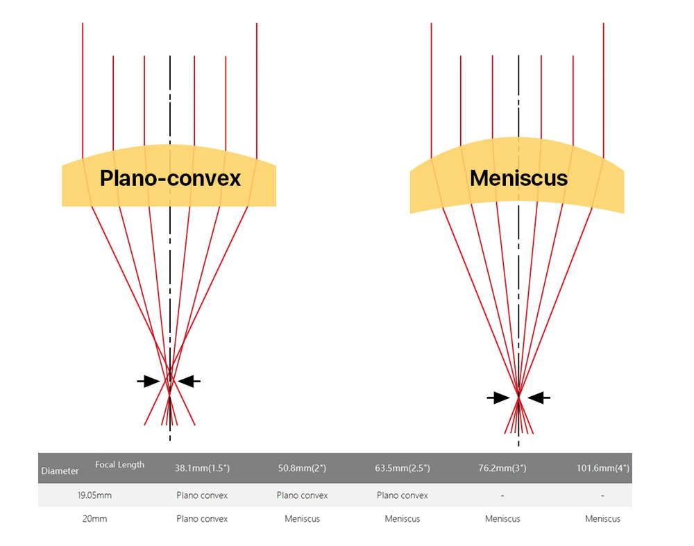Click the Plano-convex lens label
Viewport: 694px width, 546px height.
[x=170, y=178]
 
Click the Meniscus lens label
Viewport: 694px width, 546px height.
[x=518, y=178]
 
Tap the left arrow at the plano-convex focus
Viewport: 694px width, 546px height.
[x=149, y=381]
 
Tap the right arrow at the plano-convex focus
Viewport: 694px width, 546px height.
[x=189, y=381]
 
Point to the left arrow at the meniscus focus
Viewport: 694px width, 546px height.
[x=498, y=398]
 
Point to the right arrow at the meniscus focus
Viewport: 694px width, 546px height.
[x=539, y=398]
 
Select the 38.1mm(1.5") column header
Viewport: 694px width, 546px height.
[x=202, y=468]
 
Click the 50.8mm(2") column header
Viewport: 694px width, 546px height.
[x=302, y=468]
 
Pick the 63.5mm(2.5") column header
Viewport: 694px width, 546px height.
[x=403, y=468]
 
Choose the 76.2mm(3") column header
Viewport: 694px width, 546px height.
[x=502, y=468]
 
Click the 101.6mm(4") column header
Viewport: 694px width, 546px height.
[x=602, y=468]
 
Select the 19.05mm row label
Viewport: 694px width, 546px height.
[x=94, y=495]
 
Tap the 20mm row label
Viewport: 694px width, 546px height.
[x=94, y=518]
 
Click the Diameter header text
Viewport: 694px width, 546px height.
[x=60, y=471]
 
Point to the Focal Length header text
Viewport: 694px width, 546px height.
[x=120, y=465]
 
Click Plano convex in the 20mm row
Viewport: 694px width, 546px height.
[x=202, y=518]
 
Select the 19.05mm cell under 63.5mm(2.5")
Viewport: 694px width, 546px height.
[x=403, y=495]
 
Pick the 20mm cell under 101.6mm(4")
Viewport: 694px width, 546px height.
[x=602, y=518]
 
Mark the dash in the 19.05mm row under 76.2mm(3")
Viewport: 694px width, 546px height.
[x=502, y=495]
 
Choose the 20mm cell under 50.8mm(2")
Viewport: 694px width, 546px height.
[x=302, y=518]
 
